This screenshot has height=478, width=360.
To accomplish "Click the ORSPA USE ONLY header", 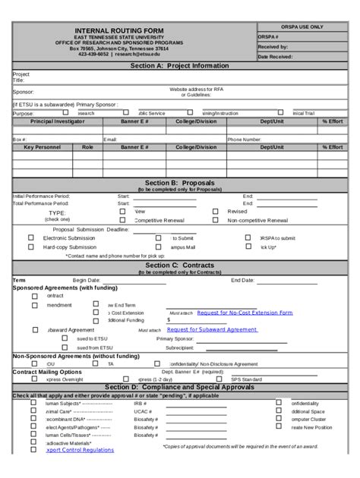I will (x=302, y=26).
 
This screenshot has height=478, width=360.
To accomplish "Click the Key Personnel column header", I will (x=42, y=146).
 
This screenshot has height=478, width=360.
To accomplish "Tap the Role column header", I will (x=87, y=146).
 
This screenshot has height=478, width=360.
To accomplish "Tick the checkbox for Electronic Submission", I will (x=31, y=237).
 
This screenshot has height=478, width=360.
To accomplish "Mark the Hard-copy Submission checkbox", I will (x=31, y=247).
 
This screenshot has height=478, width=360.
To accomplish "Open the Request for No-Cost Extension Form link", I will (x=244, y=312).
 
